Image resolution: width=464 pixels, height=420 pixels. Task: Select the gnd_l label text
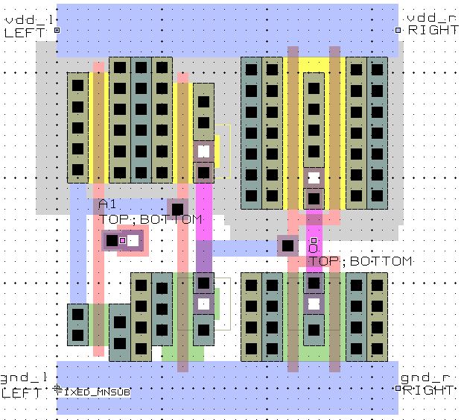point(25,378)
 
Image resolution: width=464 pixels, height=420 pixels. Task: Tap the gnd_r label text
point(425,378)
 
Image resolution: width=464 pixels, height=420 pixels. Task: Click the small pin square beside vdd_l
point(57,31)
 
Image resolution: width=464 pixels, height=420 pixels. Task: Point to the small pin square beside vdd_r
point(398,31)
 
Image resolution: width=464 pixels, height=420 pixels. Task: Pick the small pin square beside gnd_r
point(398,389)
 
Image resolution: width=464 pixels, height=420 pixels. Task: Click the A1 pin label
point(107,205)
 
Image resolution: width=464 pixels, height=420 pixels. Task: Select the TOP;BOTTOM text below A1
point(151,220)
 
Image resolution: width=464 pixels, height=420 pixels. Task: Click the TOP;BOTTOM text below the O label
point(360,262)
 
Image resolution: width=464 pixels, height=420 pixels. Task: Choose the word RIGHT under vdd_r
point(433,31)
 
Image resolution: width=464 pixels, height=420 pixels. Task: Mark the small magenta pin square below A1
point(123,240)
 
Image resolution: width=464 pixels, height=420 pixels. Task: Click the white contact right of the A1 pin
point(133,240)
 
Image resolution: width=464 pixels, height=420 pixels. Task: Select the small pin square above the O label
point(314,240)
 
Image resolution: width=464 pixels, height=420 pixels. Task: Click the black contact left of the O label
point(287,245)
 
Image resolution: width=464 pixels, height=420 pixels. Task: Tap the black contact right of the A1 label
point(177,209)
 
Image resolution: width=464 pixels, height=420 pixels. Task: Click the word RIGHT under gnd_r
point(428,390)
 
